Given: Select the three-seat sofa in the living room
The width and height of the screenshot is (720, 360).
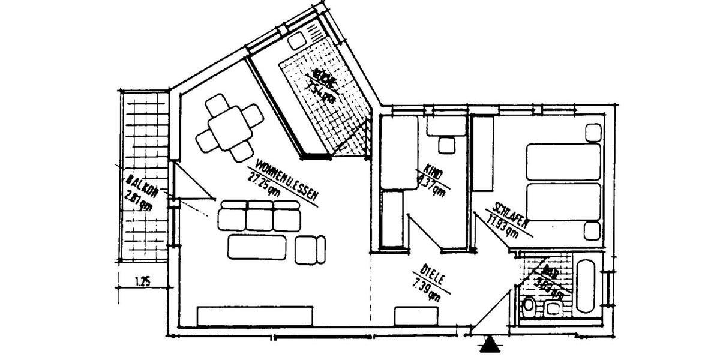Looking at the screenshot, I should click(x=259, y=216).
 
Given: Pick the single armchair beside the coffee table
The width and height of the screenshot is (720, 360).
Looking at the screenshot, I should click(x=311, y=247).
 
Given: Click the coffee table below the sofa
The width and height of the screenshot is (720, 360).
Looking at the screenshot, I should click(x=257, y=246).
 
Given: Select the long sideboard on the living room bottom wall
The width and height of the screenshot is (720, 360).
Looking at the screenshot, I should click(x=255, y=316).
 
